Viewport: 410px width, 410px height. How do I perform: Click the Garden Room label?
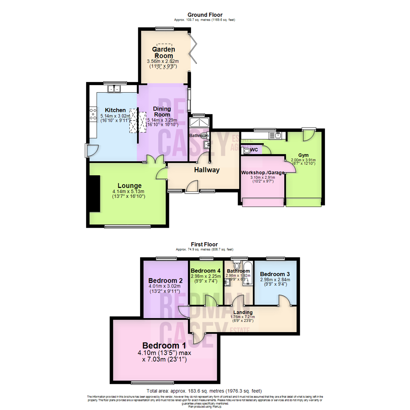[x=163, y=52]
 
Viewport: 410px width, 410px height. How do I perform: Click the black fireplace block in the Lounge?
[x=94, y=194]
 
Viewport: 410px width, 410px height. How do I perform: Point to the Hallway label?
[x=207, y=170]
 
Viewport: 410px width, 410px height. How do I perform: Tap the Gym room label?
[x=303, y=155]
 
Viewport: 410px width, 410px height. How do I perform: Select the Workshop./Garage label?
[x=263, y=173]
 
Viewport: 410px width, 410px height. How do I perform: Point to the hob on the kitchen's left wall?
[x=93, y=114]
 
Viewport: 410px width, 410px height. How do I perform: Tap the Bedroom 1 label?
[x=164, y=346]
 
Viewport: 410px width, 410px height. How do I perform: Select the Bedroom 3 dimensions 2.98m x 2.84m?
[x=275, y=280]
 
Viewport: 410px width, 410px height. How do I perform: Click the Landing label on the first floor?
[x=243, y=312]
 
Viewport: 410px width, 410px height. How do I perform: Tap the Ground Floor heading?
[x=205, y=15]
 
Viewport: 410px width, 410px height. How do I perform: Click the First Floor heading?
[x=205, y=245]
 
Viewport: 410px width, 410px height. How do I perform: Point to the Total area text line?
[x=205, y=391]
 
